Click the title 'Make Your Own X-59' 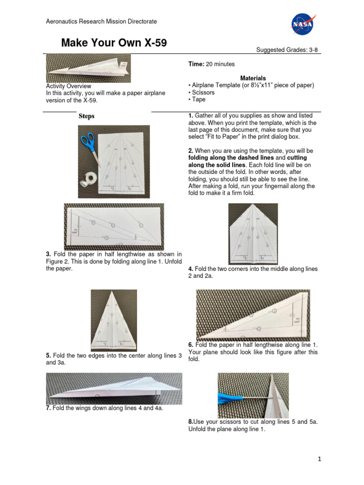point(114,44)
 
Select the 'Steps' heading point(86,116)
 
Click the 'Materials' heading point(253,78)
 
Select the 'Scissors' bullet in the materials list point(201,92)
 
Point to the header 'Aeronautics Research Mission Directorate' point(101,21)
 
